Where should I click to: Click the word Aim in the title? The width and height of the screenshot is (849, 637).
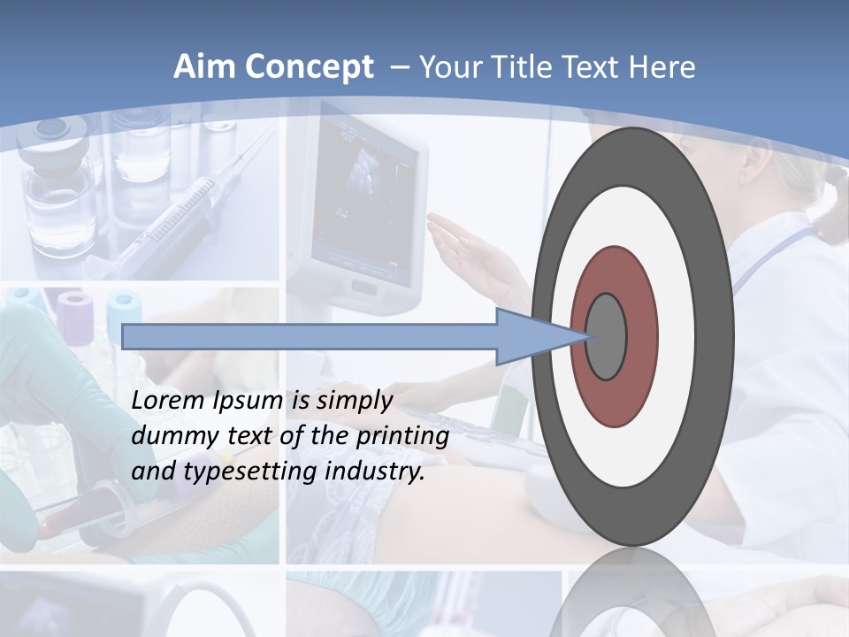click(204, 67)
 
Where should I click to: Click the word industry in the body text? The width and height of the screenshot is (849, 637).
click(375, 472)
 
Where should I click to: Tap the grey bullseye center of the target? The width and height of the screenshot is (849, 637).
click(607, 337)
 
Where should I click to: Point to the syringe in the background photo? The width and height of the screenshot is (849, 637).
click(177, 221)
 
